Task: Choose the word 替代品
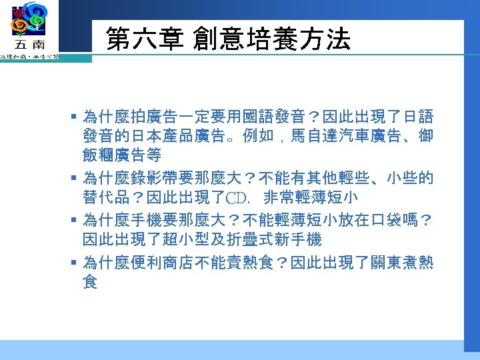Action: coord(105,198)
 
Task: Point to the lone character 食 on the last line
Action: coord(90,283)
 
